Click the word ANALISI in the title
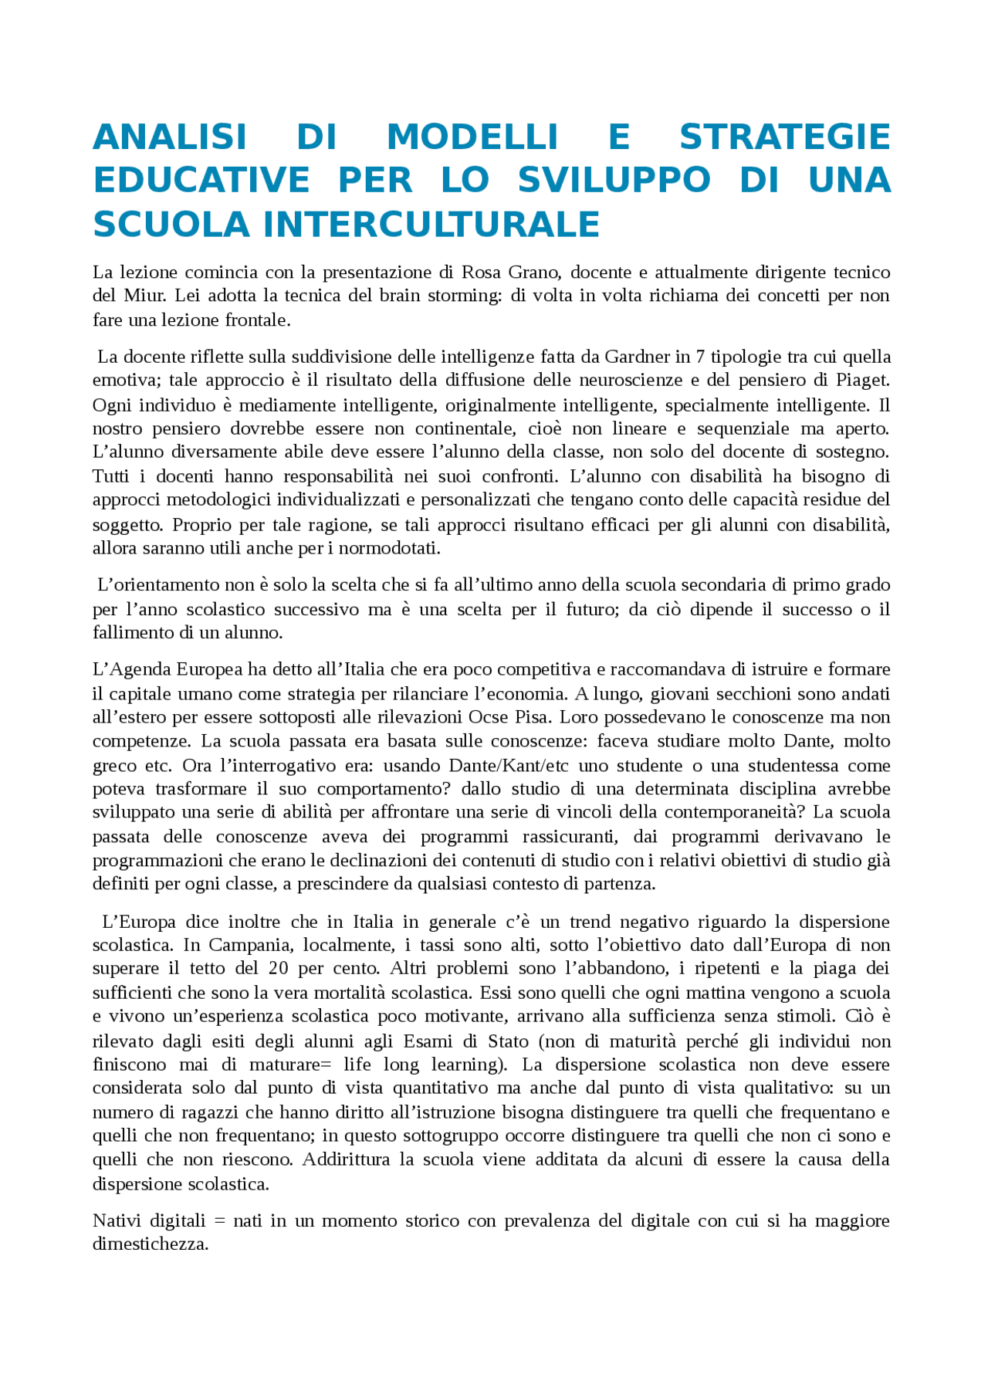(x=169, y=137)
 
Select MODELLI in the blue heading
(x=472, y=137)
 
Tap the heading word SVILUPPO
(x=614, y=180)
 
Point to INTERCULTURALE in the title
(x=431, y=225)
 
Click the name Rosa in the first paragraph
(x=481, y=272)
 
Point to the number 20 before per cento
(x=279, y=969)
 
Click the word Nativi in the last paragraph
(x=117, y=1220)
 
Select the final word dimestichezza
(x=151, y=1244)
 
